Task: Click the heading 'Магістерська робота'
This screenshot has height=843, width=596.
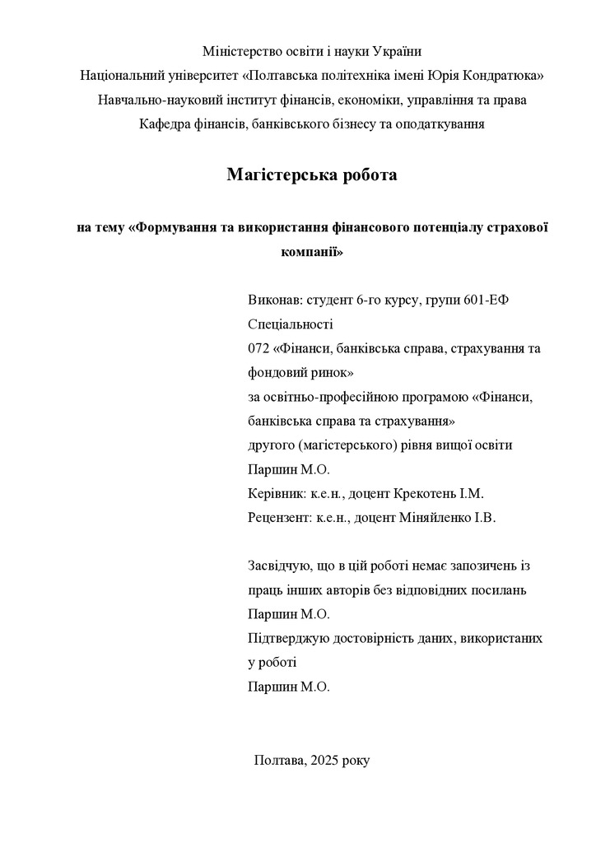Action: click(312, 175)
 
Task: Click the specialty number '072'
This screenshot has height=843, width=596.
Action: click(259, 348)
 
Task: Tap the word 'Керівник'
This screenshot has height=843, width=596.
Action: click(274, 494)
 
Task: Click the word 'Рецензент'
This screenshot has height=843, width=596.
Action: click(279, 519)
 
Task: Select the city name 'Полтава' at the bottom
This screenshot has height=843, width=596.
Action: click(279, 760)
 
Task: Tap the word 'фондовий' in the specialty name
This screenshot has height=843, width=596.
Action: click(275, 372)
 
